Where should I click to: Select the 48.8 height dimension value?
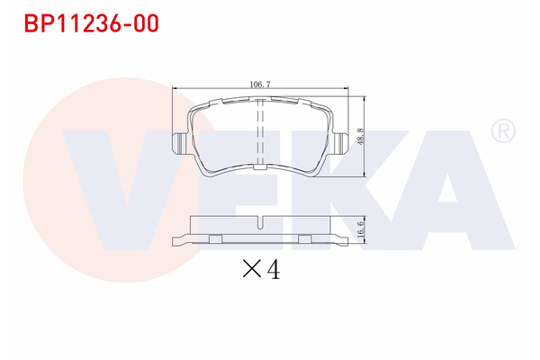[x=360, y=136]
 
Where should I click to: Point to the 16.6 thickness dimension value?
[x=360, y=229]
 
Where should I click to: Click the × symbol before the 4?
[x=250, y=269]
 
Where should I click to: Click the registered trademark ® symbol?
[x=503, y=132]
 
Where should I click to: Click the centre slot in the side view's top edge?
[x=259, y=221]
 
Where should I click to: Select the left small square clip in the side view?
[x=216, y=238]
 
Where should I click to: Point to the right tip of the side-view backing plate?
[x=347, y=241]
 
